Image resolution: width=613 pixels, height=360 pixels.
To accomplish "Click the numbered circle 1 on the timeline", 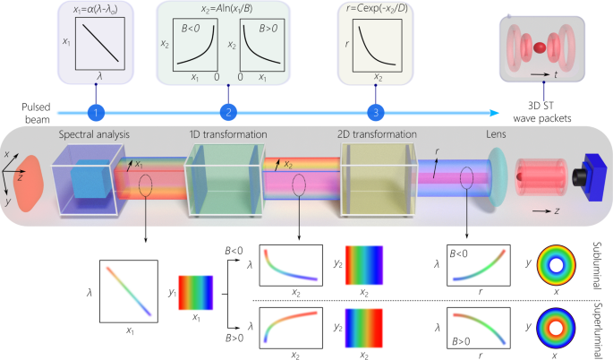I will point(97,113).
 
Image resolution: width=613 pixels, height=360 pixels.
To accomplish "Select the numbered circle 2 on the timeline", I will point(229,113).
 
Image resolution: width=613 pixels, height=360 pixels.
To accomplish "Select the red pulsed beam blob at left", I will point(24,183).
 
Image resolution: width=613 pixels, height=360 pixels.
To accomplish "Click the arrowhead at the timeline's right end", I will point(495,113).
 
